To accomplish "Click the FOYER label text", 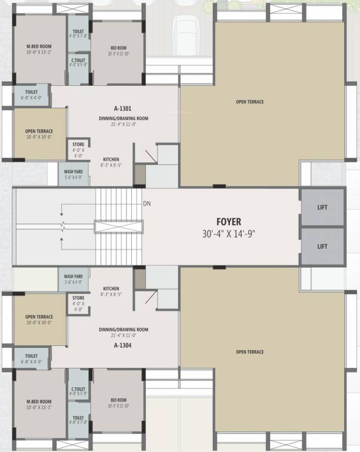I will click(x=228, y=222).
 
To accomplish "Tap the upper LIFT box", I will click(x=322, y=207).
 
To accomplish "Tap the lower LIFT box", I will click(x=322, y=246).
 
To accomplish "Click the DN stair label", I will click(x=147, y=204).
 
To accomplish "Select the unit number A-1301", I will click(x=123, y=108).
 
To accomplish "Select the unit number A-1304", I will click(x=123, y=345).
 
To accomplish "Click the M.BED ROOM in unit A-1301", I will click(x=39, y=49).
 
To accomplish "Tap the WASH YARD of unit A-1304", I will click(x=74, y=278).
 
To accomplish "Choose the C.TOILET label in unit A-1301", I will click(x=78, y=62).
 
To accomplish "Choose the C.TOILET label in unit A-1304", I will click(x=78, y=391).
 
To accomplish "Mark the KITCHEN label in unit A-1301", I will click(x=111, y=159).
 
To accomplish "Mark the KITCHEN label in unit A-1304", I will click(x=111, y=288).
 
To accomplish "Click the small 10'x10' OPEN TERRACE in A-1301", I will click(x=39, y=134).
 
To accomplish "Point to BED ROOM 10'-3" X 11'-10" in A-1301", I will click(x=118, y=51).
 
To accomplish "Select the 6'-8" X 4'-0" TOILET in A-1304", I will click(x=32, y=358).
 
